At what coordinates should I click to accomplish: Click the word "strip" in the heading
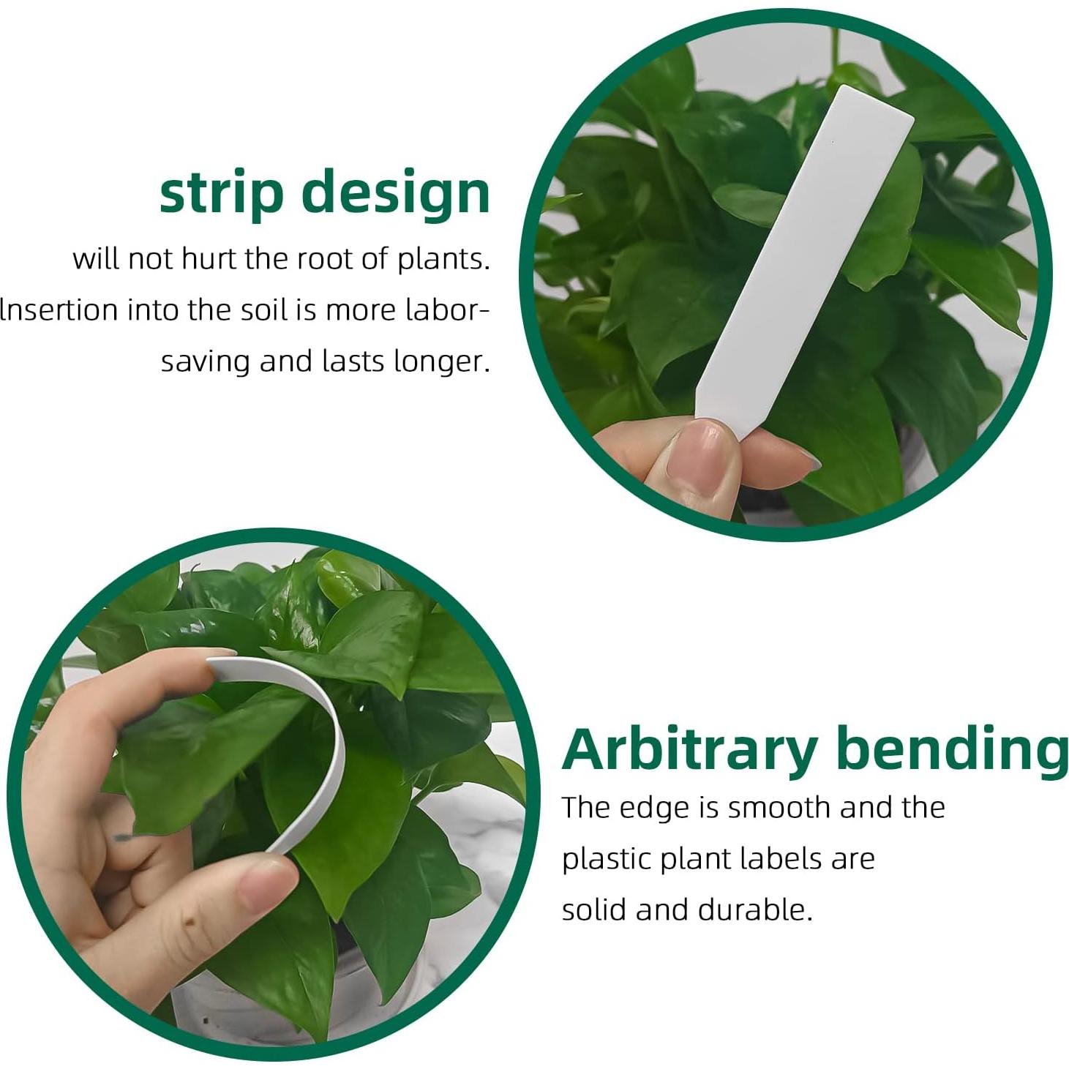click(221, 193)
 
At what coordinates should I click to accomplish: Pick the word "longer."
click(442, 361)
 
